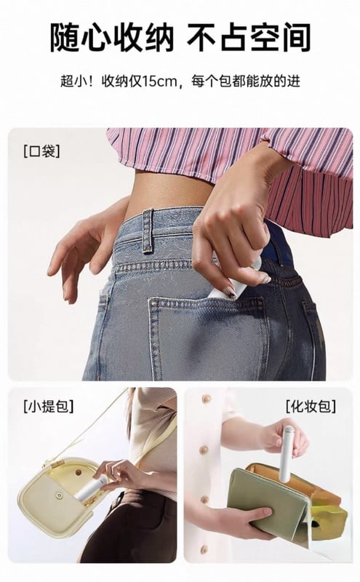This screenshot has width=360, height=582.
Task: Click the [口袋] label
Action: pos(41,151)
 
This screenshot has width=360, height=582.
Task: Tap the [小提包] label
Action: pos(48,407)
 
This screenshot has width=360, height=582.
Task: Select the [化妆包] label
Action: pos(311,407)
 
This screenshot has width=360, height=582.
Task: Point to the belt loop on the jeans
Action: pos(148,231)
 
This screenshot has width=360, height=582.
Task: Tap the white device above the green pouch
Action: pos(287,454)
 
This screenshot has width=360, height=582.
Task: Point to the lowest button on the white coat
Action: pos(204,549)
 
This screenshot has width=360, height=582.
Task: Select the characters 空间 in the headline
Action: pos(279,38)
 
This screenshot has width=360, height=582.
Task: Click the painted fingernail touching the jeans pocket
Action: pos(231,291)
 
